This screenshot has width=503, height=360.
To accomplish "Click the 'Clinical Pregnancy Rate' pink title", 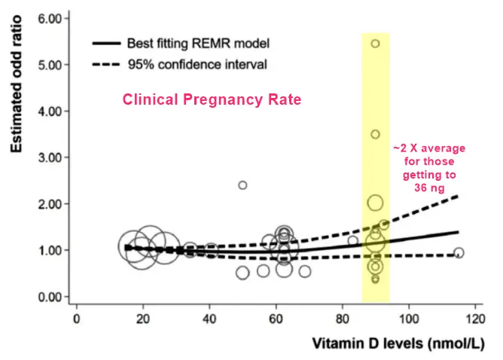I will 212,99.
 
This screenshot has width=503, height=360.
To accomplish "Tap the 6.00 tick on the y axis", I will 40,17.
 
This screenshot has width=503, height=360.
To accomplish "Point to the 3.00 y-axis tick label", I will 40,157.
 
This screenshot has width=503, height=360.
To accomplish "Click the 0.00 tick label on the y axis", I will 40,297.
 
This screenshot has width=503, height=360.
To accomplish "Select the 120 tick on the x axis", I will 475,319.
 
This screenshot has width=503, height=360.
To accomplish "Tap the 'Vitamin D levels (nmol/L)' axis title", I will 399,345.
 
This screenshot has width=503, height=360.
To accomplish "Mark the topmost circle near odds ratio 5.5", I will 375,44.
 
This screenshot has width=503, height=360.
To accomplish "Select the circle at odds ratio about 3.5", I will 375,134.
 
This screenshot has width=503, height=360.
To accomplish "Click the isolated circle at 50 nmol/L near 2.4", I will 242,185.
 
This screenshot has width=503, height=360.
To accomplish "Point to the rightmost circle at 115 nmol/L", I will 459,253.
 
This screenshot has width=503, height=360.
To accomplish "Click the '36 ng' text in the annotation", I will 430,188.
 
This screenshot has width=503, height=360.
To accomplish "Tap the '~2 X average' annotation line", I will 430,148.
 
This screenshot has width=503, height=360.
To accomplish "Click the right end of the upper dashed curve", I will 458,197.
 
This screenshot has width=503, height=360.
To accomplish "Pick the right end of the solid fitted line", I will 458,232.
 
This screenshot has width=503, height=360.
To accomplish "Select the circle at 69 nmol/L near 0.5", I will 305,271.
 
